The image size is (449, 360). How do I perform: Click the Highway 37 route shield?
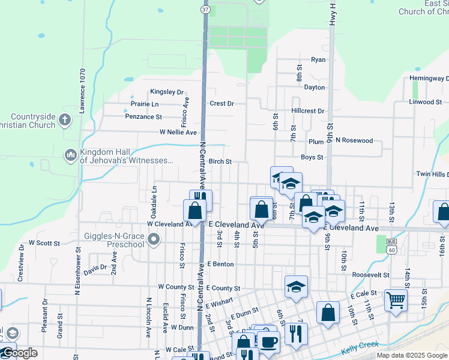pyautogui.click(x=205, y=10)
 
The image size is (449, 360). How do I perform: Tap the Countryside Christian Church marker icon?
pyautogui.click(x=65, y=121)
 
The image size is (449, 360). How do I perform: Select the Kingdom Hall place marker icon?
pyautogui.click(x=71, y=155)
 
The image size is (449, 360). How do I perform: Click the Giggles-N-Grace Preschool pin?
pyautogui.click(x=154, y=240)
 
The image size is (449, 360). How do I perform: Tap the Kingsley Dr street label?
pyautogui.click(x=166, y=92)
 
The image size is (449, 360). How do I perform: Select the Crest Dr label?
pyautogui.click(x=221, y=103)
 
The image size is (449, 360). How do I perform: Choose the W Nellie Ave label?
pyautogui.click(x=178, y=132)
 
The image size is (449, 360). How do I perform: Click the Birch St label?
pyautogui.click(x=220, y=161)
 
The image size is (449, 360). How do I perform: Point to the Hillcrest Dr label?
pyautogui.click(x=307, y=111)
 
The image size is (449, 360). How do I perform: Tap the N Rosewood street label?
pyautogui.click(x=354, y=141)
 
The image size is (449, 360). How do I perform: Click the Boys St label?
pyautogui.click(x=312, y=157)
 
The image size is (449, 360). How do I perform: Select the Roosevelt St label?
pyautogui.click(x=372, y=274)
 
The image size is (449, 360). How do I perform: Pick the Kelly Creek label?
pyautogui.click(x=358, y=346)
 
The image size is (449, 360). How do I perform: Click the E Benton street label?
pyautogui.click(x=220, y=263)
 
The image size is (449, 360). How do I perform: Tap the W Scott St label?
pyautogui.click(x=44, y=243)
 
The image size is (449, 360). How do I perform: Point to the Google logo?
pyautogui.click(x=20, y=353)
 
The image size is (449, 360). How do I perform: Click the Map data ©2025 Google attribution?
pyautogui.click(x=411, y=355)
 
